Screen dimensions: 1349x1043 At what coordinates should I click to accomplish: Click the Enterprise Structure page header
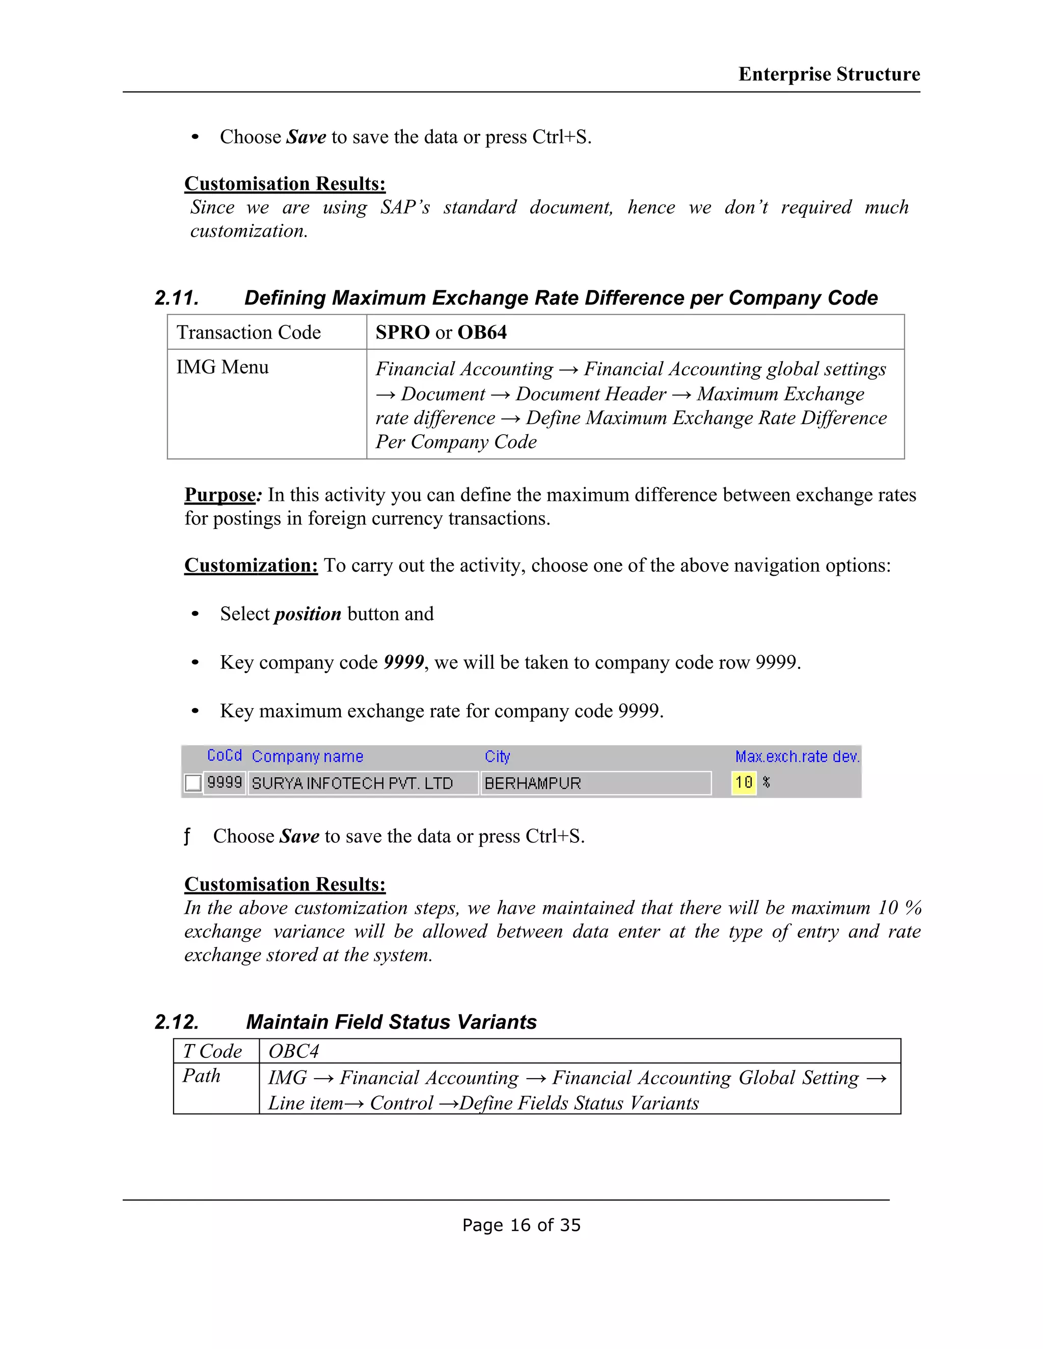click(829, 74)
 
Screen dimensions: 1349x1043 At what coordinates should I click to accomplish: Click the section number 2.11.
click(177, 298)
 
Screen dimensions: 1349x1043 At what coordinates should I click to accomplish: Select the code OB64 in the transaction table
click(481, 332)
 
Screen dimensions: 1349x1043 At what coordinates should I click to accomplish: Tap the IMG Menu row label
click(223, 367)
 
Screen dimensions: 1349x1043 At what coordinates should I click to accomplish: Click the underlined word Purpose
click(220, 495)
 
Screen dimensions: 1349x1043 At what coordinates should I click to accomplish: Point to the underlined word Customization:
click(251, 565)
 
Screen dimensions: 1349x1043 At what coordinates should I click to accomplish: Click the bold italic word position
click(308, 614)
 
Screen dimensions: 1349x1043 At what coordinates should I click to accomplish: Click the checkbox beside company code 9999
click(193, 782)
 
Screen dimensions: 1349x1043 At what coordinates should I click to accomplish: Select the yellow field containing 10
click(744, 782)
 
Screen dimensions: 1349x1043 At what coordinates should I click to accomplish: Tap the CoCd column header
click(224, 755)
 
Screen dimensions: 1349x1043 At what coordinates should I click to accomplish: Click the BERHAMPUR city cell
click(533, 783)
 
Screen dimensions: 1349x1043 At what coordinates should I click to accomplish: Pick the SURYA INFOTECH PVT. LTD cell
click(352, 783)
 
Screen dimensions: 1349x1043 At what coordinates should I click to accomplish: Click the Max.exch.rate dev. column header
click(797, 756)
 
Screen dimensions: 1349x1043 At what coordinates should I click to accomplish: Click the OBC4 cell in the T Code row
click(293, 1051)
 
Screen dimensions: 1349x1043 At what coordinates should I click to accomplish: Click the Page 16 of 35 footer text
click(521, 1225)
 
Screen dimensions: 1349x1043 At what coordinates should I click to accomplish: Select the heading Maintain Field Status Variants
click(391, 1022)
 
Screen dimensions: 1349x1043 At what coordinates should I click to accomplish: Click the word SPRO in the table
click(402, 332)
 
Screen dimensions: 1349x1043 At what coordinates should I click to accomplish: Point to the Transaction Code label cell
click(249, 332)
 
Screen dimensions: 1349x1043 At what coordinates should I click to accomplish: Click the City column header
click(497, 756)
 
